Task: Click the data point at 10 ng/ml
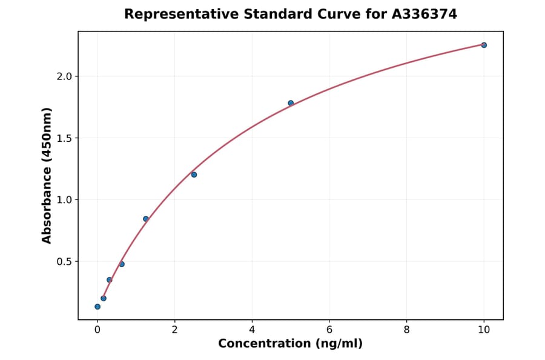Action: point(484,45)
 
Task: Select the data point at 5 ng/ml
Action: point(291,103)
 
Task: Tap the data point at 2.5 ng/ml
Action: point(194,175)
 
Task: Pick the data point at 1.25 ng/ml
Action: point(146,219)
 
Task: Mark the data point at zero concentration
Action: point(97,307)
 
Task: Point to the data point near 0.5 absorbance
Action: point(122,264)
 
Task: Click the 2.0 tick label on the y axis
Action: point(64,76)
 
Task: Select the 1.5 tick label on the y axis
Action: point(64,138)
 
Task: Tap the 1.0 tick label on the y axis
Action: point(64,200)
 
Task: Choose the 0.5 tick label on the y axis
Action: point(64,262)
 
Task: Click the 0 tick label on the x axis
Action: point(97,330)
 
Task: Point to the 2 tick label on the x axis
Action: point(174,330)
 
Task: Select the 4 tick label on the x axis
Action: point(252,330)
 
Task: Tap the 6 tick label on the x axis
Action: point(329,330)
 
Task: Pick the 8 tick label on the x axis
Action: point(406,330)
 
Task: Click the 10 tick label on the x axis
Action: point(484,330)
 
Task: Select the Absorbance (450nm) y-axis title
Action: point(47,175)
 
